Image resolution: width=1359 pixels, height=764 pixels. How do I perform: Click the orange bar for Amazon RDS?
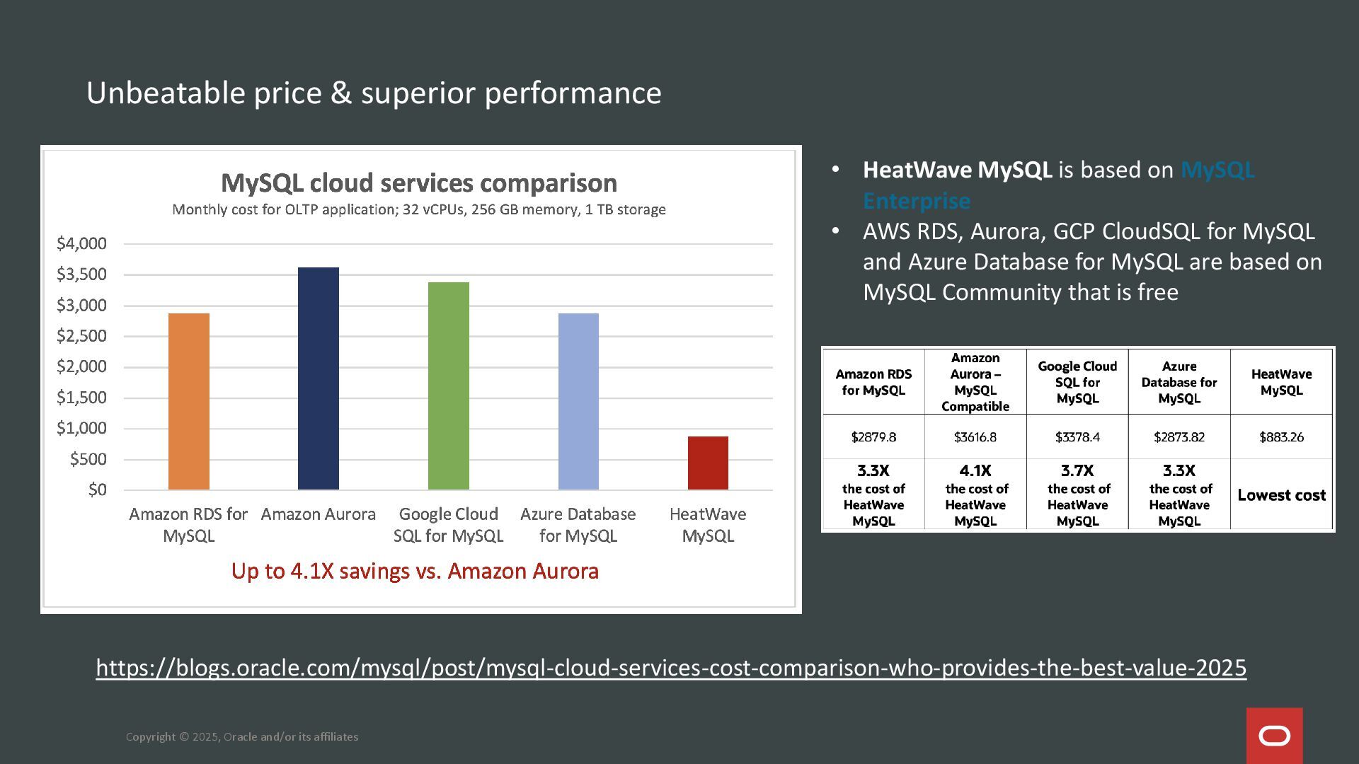click(189, 401)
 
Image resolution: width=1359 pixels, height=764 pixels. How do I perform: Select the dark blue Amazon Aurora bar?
click(319, 378)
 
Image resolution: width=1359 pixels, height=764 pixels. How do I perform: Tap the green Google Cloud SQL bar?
click(449, 386)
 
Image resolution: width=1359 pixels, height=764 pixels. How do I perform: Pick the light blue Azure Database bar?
click(578, 401)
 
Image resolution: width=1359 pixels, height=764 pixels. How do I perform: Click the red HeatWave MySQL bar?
click(708, 463)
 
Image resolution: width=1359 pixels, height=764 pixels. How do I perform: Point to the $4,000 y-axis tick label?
click(81, 243)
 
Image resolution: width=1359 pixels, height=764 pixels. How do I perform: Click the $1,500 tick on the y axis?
click(81, 398)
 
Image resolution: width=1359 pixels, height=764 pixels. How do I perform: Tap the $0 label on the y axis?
click(97, 490)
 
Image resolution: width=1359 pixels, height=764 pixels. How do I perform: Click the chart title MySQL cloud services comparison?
click(419, 183)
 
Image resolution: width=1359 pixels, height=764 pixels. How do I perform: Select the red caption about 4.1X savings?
click(415, 571)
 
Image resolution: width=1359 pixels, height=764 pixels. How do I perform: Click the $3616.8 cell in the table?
click(975, 437)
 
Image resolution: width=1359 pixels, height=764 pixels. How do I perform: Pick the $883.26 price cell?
click(1281, 437)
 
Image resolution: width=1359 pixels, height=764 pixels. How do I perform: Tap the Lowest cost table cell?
click(1281, 495)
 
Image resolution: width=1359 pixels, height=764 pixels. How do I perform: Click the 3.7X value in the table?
click(1077, 470)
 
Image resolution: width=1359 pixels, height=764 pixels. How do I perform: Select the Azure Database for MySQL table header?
click(1179, 382)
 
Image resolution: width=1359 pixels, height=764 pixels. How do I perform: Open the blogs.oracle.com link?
click(671, 668)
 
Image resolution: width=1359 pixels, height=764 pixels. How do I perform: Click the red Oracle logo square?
click(1274, 736)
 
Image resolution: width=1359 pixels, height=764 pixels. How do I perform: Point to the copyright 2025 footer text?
click(242, 737)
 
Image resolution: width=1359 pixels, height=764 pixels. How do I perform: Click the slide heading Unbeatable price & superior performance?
click(374, 93)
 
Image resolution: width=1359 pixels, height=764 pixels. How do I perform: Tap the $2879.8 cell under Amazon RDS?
click(873, 437)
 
